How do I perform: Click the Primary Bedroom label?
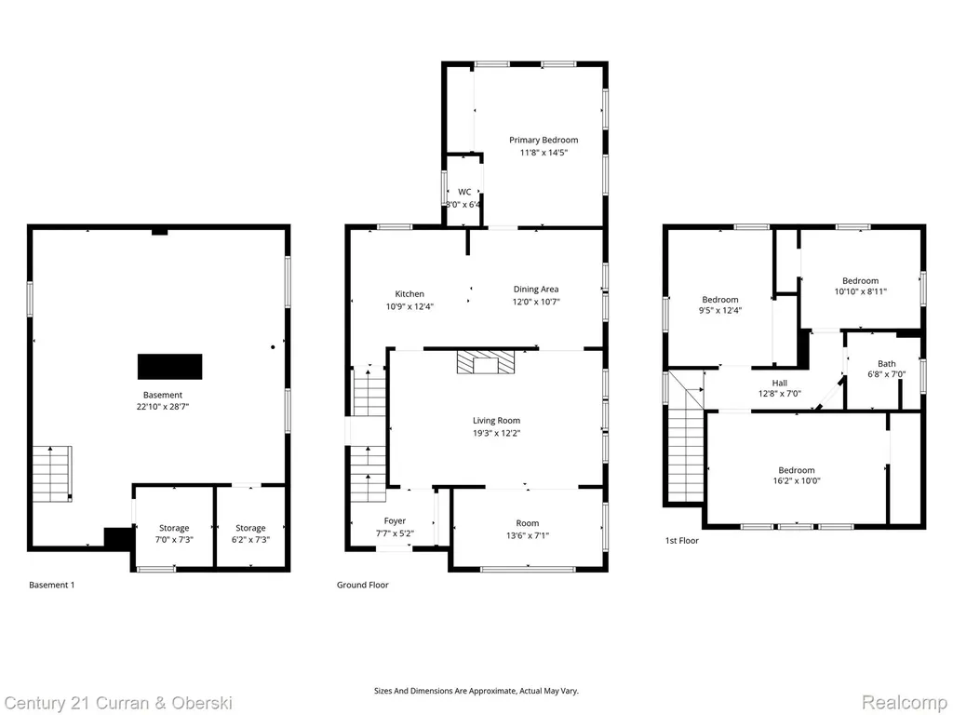coord(544,140)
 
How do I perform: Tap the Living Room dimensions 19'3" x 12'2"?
coord(497,433)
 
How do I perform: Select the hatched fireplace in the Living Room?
coord(486,361)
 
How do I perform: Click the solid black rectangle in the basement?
coord(170,367)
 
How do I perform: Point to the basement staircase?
coord(52,474)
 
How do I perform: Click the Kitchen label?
coord(409,293)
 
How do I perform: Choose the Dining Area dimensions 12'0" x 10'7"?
coord(535,302)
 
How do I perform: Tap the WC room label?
coord(464,192)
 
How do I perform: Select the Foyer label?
coord(395,521)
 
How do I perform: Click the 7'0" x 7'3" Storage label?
coord(174,528)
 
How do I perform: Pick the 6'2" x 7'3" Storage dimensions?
coord(250,539)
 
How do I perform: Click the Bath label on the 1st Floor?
coord(886,364)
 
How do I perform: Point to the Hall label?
coord(780,383)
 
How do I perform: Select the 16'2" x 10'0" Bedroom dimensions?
coord(796,481)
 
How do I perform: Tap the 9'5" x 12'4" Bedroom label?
coord(720,299)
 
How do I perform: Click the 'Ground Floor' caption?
coord(363,585)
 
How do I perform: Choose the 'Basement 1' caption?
coord(52,585)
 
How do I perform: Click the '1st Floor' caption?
coord(682,541)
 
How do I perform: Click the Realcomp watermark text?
coord(904,703)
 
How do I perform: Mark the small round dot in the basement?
coord(273,347)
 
